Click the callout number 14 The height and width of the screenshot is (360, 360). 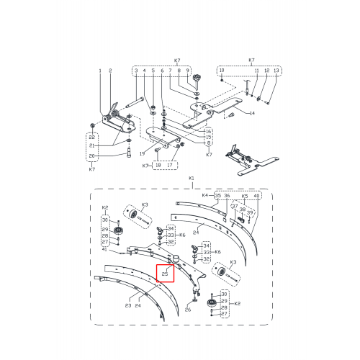coord(252,113)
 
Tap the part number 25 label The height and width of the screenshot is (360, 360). coord(165,274)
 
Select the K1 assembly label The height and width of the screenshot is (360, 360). coord(192,179)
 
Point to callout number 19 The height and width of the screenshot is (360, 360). coord(142,153)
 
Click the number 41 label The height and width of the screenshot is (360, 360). coord(104,249)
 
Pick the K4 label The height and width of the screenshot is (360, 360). coord(205,195)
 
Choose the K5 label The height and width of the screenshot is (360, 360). coord(244,196)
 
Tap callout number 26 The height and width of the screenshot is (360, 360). coord(188,310)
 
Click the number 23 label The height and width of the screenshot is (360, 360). coord(128,305)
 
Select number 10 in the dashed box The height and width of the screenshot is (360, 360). coord(222,70)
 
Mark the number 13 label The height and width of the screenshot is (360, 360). coord(276,71)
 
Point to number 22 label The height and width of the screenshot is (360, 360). coord(92,138)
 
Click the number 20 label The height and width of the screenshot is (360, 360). coord(92,156)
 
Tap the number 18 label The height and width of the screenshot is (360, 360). coord(158,165)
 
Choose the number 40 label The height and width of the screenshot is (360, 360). coord(256,196)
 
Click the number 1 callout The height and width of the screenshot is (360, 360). coord(100,71)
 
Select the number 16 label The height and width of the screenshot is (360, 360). coord(209,131)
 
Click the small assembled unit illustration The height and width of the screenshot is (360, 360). coord(252,160)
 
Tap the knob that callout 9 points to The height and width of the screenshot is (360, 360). coord(197,78)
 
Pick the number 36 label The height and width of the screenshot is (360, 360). coord(227,196)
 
